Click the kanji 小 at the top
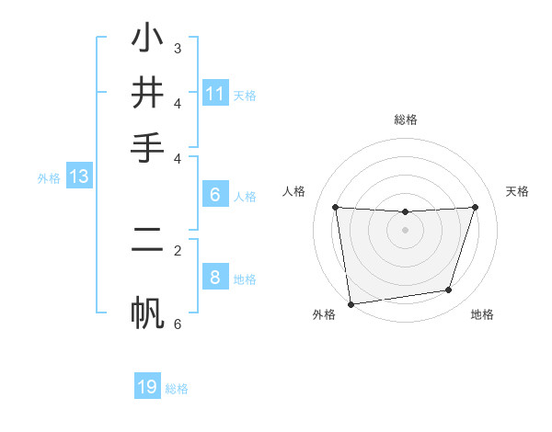[x=147, y=39]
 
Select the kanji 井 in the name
[x=147, y=92]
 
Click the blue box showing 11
[x=215, y=93]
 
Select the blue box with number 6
[x=215, y=194]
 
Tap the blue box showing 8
[x=215, y=277]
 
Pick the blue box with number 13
[x=78, y=176]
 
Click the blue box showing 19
[x=147, y=387]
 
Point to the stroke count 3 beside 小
[x=178, y=48]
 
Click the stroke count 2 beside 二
[x=178, y=250]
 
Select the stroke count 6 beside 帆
[x=178, y=324]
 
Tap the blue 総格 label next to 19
[x=177, y=389]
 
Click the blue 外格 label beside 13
[x=49, y=178]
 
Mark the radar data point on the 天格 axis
[x=476, y=207]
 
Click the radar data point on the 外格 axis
[x=351, y=304]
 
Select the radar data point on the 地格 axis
[x=449, y=290]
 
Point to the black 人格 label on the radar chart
[x=294, y=191]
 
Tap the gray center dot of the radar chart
[x=405, y=230]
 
